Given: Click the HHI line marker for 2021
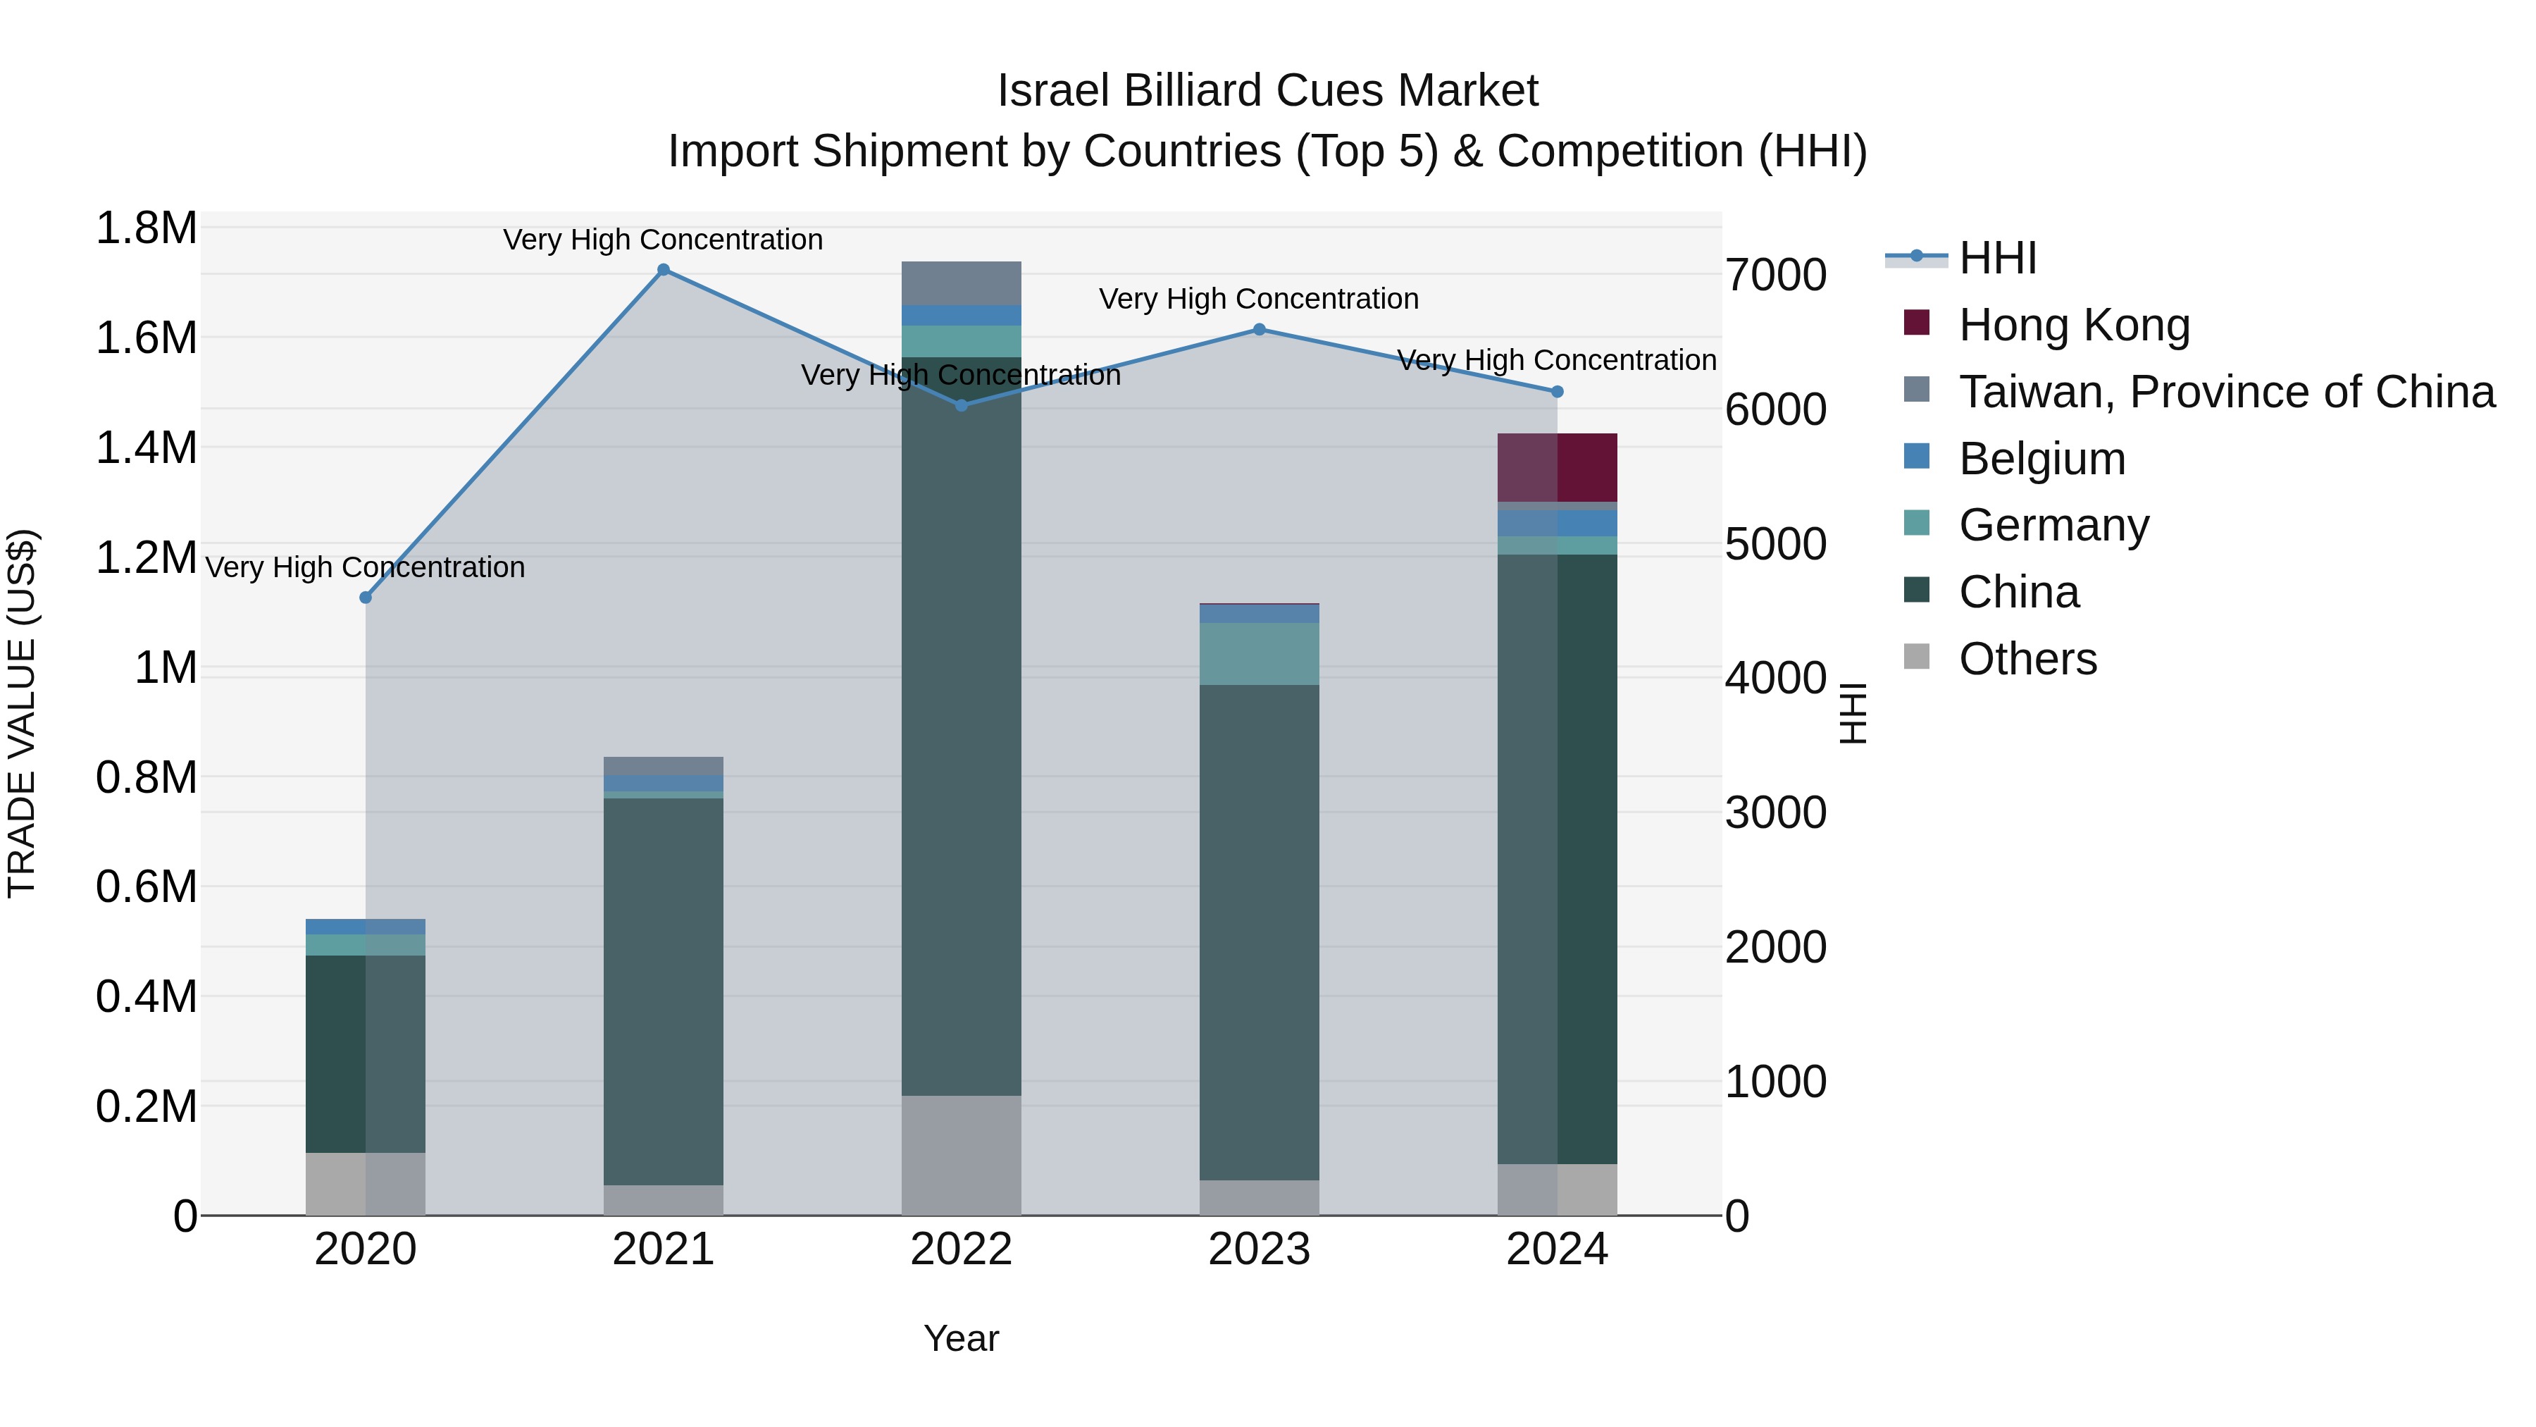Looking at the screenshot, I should coord(664,270).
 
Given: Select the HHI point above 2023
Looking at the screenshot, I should coord(1259,330).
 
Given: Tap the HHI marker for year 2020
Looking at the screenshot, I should coord(365,598).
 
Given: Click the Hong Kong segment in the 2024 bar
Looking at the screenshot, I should coord(1558,468).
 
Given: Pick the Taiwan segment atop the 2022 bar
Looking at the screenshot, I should coord(962,283).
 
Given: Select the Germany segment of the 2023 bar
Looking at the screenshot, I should coord(1259,654).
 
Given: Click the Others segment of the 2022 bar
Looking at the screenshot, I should coord(962,1155).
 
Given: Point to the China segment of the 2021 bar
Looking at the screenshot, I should coord(664,990).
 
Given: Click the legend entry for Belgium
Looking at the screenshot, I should coord(2041,459).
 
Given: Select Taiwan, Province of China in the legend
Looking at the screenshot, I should coord(2226,392).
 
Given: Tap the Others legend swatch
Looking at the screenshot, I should coord(1917,657).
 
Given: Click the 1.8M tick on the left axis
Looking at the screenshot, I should coord(146,228).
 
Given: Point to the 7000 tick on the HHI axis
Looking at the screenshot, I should coord(1776,275).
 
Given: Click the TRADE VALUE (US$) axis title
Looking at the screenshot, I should coord(22,713).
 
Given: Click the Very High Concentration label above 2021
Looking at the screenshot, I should coord(663,240).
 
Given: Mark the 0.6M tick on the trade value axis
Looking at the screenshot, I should coord(146,887).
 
